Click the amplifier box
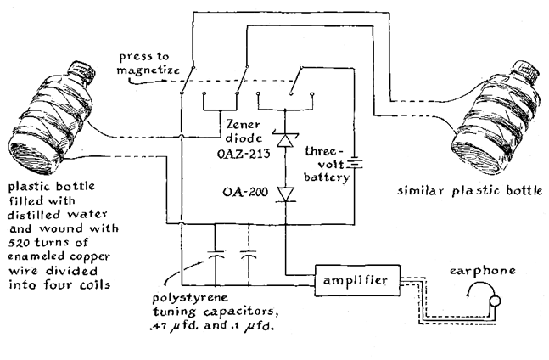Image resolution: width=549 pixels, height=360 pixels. (x=357, y=280)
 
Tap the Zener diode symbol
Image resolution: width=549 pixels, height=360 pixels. (x=285, y=139)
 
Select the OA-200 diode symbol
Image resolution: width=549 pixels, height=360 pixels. (x=286, y=194)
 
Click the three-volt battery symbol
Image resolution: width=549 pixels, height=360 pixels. (x=355, y=164)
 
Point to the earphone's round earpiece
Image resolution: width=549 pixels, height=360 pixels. (x=495, y=301)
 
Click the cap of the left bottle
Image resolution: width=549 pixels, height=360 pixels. (x=81, y=72)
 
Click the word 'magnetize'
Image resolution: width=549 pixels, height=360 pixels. (x=148, y=70)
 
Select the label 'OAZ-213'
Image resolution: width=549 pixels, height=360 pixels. (x=244, y=154)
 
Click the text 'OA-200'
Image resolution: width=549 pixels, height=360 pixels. (x=245, y=192)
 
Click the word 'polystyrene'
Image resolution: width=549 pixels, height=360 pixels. (x=190, y=299)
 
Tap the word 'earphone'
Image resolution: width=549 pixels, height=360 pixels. (x=483, y=271)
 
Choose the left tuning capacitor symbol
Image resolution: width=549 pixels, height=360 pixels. (x=216, y=255)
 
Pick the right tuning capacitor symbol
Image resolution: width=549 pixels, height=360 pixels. (x=249, y=255)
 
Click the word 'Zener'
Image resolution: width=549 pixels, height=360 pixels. (x=243, y=124)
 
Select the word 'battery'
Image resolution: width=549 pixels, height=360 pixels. (x=327, y=177)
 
